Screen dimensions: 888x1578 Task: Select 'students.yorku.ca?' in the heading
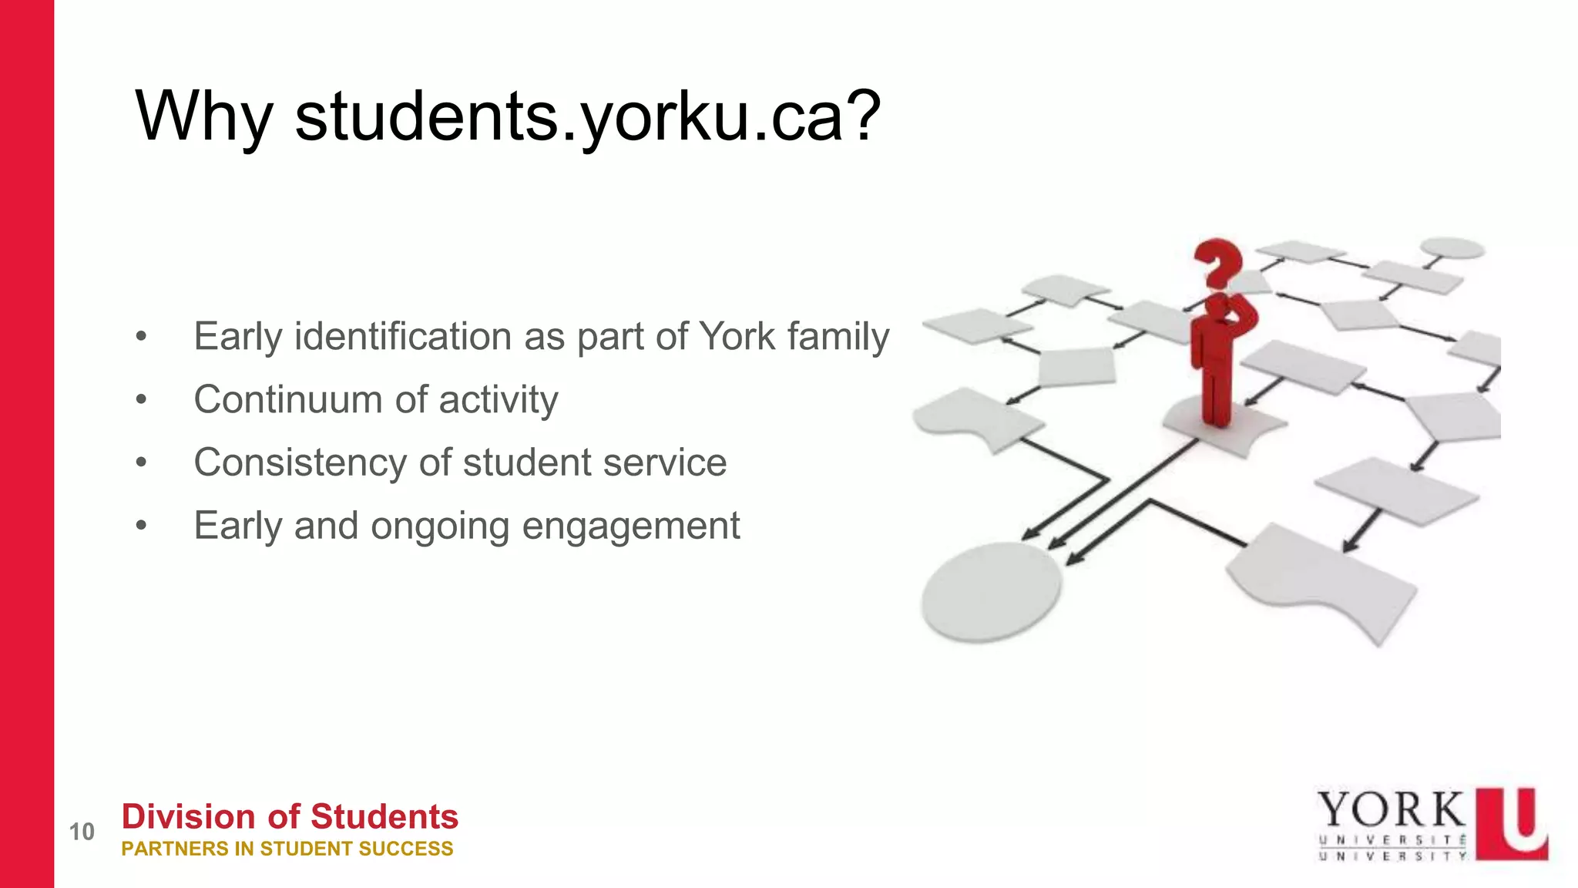pos(587,117)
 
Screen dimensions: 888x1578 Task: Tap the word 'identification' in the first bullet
pos(403,337)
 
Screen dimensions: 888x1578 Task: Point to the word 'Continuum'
pos(288,400)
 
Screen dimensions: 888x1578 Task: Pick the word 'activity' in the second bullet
pos(499,400)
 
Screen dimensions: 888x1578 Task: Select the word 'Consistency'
pos(300,462)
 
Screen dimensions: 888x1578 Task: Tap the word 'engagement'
pos(631,526)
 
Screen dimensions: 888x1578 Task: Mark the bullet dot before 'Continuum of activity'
pos(140,400)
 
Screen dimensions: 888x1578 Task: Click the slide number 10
pos(82,832)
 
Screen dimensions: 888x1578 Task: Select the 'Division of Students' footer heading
pos(290,816)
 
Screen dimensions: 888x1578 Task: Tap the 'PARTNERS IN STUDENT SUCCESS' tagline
pos(287,849)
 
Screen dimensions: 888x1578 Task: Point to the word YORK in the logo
pos(1391,810)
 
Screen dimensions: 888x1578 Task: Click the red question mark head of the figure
pos(1217,261)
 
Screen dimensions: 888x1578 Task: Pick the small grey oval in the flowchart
pos(1452,247)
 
